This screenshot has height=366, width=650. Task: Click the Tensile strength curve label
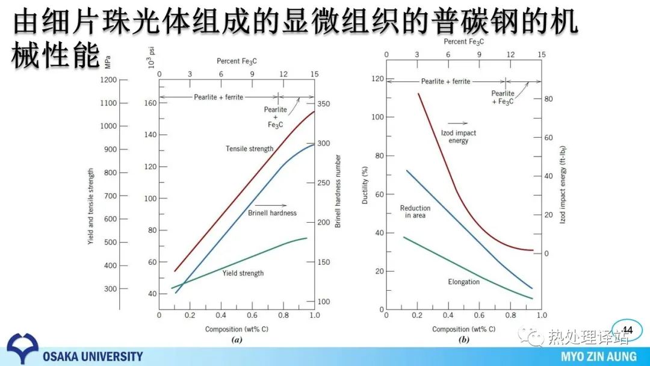[249, 149]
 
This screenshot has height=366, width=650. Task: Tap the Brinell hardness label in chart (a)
[272, 212]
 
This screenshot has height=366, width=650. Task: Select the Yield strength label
[243, 273]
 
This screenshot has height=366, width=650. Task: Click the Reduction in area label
[415, 211]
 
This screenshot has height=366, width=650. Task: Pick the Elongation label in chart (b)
[463, 282]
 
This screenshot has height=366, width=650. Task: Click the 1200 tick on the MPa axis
[108, 80]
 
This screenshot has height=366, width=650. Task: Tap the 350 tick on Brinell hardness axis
[324, 104]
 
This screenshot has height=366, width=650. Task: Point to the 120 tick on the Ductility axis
[377, 79]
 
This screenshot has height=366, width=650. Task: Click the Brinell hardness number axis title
[338, 191]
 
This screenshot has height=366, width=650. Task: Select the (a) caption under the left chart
[237, 340]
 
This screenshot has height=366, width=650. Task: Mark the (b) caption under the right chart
[463, 340]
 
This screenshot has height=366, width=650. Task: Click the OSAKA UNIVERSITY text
[93, 356]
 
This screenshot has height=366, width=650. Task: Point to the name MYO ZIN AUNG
[598, 356]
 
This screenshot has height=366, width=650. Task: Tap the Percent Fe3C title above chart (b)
[463, 42]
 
